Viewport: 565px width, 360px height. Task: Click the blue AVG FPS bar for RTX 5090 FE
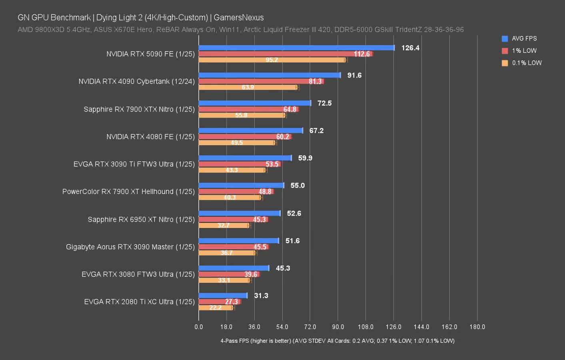(296, 48)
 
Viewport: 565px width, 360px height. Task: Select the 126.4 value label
(410, 48)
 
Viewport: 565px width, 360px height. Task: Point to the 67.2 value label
(316, 131)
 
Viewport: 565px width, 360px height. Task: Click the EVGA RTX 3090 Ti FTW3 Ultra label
(134, 164)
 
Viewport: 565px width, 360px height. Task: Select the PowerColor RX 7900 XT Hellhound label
(128, 192)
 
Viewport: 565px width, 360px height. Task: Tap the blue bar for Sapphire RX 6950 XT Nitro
(239, 214)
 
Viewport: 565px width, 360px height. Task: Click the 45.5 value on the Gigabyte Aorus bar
(260, 247)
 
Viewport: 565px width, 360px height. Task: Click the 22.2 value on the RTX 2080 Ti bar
(215, 308)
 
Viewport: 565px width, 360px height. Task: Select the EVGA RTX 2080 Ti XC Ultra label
(139, 302)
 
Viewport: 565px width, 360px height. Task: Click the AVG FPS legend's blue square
(505, 39)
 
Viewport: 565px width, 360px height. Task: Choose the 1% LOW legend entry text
(524, 51)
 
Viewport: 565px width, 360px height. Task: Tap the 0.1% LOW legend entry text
(527, 63)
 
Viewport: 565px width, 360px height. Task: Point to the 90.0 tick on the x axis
(338, 327)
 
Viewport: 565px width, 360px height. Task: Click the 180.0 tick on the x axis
(477, 327)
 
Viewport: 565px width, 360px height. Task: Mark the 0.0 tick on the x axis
(199, 327)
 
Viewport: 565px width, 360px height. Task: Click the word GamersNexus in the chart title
(239, 18)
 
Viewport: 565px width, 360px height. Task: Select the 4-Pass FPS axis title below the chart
(337, 341)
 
